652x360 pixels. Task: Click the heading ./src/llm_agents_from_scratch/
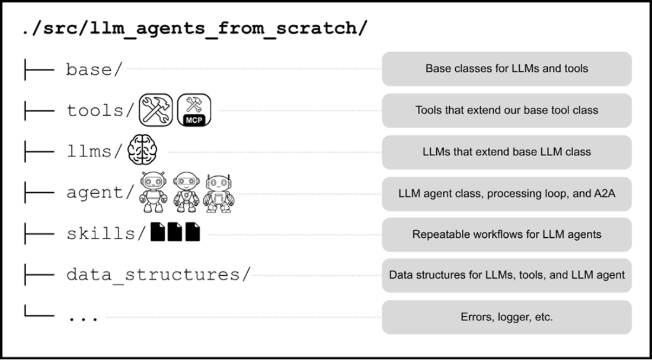[196, 28]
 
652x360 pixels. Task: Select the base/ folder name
[94, 69]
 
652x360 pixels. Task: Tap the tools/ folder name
[101, 110]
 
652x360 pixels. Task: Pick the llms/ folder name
[95, 151]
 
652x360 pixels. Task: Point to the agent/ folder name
[101, 193]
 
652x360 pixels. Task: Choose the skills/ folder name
[107, 234]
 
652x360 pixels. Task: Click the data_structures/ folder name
[158, 275]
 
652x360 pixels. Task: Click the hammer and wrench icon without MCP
[155, 110]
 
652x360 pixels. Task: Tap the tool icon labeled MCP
[194, 110]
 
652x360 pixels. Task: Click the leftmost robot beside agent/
[154, 192]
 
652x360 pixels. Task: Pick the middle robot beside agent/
[186, 192]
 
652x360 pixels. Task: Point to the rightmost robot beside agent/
[219, 193]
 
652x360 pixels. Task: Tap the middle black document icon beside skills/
[175, 232]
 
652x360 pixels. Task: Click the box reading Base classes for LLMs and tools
[506, 69]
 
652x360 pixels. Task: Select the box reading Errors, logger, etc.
[506, 317]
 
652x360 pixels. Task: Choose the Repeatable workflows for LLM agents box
[506, 234]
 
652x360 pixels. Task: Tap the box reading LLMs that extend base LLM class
[506, 152]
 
